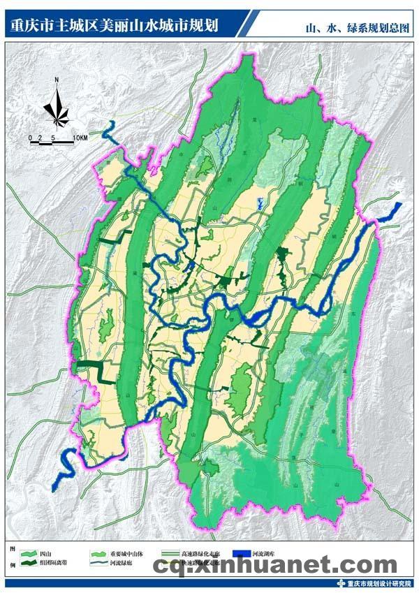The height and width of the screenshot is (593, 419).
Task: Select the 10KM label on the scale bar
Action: [80, 138]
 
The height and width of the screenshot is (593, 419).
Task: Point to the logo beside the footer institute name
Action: [340, 584]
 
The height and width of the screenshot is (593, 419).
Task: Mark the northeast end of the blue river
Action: [399, 205]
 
